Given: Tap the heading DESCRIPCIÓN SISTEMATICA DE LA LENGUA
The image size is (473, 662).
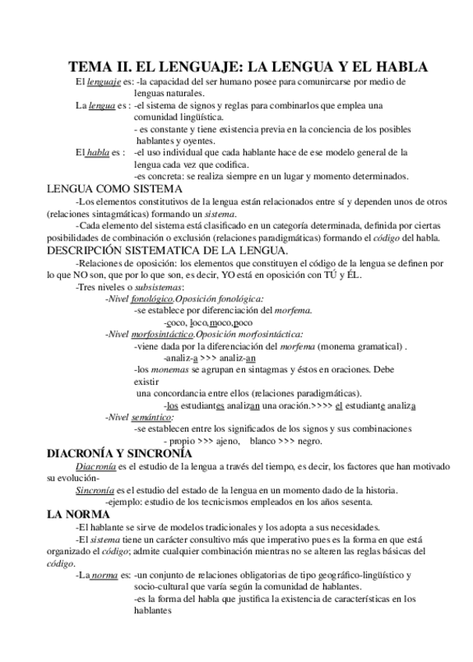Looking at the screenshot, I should tap(167, 251).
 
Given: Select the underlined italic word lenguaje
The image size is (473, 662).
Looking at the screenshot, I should tap(104, 82).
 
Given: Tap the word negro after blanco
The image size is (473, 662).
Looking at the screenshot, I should tap(310, 441).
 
